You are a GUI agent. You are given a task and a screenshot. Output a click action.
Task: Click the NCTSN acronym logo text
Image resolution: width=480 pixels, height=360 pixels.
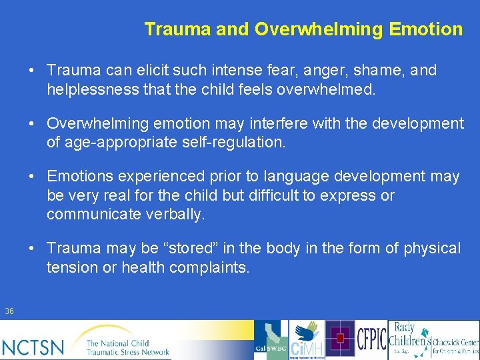point(33,347)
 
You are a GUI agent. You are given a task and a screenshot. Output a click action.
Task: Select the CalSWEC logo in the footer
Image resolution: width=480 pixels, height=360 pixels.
point(270,340)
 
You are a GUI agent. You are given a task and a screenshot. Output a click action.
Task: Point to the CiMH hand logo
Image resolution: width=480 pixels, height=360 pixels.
point(307,340)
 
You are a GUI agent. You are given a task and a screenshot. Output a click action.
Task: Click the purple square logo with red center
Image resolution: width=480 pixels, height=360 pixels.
point(341,339)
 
